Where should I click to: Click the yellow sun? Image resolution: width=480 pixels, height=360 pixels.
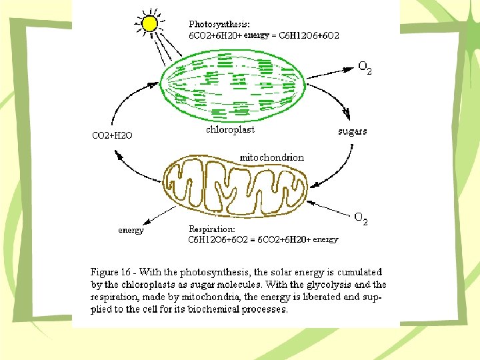point(151,24)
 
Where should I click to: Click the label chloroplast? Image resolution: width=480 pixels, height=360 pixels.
point(230,129)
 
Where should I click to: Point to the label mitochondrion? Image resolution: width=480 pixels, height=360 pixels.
point(271,157)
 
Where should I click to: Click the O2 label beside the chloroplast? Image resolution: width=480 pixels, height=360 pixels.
point(365,67)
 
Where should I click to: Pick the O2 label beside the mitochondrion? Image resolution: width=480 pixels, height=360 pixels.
point(361,218)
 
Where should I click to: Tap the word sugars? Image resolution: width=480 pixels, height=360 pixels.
point(352,131)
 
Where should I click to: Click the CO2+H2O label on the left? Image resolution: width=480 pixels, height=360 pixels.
point(112,135)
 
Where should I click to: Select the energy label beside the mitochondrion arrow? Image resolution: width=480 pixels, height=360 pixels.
point(131,231)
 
